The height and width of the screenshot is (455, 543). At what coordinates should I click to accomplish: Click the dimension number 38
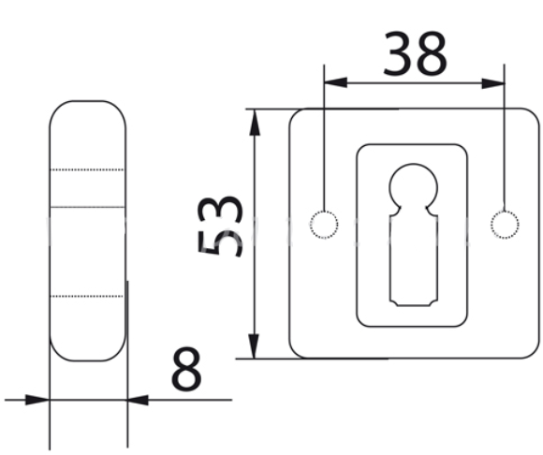point(415,53)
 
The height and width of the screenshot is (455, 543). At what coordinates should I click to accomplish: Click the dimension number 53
point(220,226)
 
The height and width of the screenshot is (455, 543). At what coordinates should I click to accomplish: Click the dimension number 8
point(186,369)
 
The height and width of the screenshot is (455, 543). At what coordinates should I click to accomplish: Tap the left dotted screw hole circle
point(324,225)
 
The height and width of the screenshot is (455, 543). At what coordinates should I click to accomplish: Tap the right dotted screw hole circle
point(505,225)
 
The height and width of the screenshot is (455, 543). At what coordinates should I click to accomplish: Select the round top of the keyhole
point(413,164)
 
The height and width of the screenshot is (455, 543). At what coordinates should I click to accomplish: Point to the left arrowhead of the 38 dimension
point(335,82)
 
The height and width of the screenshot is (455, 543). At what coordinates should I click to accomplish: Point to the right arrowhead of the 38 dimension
point(493,83)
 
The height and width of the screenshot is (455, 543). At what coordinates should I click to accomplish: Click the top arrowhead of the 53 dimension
point(255,122)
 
